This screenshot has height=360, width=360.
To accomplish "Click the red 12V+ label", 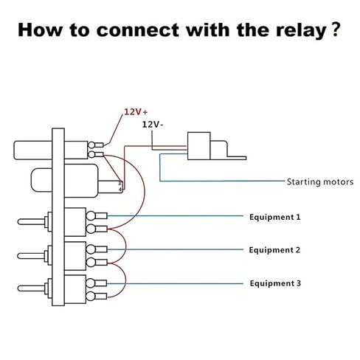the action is tap(136, 112).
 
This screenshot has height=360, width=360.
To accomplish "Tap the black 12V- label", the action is tap(153, 125).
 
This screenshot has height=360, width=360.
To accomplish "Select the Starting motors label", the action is tap(320, 182).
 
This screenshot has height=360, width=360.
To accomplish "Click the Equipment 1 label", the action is tap(275, 217).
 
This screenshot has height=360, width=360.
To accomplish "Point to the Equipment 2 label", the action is tap(274, 250).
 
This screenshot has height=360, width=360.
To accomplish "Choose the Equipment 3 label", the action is tap(275, 283).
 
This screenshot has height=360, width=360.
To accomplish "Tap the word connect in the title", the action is tap(138, 30).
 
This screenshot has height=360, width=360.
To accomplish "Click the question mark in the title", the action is tap(335, 30).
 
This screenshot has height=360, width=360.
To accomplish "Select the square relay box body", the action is tap(198, 146).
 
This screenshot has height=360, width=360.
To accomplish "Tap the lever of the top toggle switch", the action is tap(31, 221).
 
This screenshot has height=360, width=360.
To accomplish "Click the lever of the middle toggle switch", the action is tap(31, 256).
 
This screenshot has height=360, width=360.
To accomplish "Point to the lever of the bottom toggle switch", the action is tap(31, 288).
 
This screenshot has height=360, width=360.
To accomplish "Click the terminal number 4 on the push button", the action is tap(120, 190).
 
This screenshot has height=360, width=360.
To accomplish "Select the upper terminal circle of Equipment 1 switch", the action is tap(91, 216).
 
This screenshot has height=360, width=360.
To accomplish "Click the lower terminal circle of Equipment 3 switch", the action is tap(91, 296).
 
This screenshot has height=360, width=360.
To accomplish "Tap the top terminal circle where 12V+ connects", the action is tap(91, 145).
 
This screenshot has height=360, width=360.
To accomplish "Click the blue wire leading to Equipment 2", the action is tap(175, 249).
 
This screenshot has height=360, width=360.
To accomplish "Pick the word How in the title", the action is tap(40, 30).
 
